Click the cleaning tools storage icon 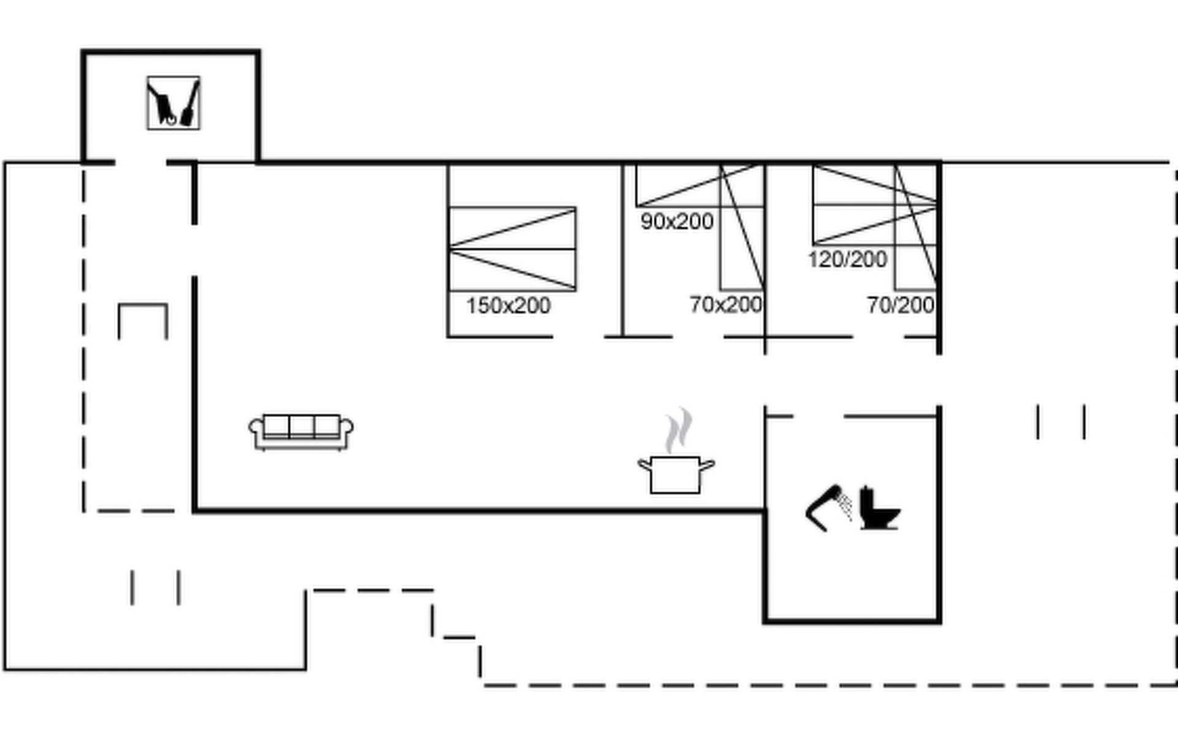(x=173, y=103)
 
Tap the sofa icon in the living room (x=301, y=432)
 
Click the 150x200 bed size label (x=508, y=305)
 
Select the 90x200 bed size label (x=677, y=221)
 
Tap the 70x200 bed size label (x=726, y=304)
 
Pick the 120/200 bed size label (x=847, y=259)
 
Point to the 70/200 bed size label (x=901, y=305)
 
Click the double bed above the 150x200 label (x=512, y=249)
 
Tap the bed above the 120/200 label (x=875, y=205)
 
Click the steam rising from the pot (x=679, y=431)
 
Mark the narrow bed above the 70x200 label (x=742, y=227)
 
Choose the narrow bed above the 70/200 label (x=916, y=227)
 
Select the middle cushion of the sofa (x=301, y=426)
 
